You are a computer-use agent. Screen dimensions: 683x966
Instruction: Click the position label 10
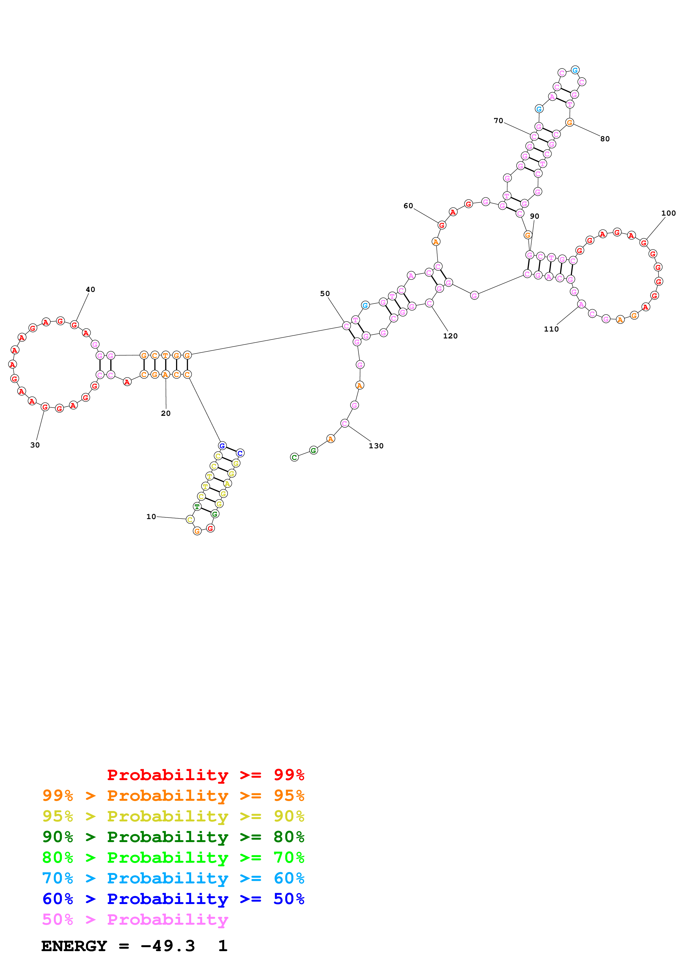tap(151, 517)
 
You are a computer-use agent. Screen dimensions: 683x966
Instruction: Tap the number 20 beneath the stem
tap(166, 414)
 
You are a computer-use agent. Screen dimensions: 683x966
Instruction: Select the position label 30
tap(35, 445)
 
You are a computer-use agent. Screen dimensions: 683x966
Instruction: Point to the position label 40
tap(90, 289)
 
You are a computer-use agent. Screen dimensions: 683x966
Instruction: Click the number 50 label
tap(325, 294)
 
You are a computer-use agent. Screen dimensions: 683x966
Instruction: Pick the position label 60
tap(408, 206)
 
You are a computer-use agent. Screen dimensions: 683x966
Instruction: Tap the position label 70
tap(498, 121)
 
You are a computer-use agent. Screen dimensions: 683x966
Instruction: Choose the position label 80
tap(605, 139)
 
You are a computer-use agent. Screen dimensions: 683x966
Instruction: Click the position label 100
tap(668, 213)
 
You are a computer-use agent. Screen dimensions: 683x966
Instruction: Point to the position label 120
tap(450, 336)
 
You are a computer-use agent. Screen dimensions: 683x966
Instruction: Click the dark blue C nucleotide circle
tap(240, 453)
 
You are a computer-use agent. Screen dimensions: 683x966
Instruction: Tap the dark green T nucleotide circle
tap(197, 507)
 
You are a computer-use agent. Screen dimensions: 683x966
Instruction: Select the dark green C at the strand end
tap(295, 457)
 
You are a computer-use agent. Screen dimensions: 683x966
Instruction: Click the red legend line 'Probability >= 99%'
tap(205, 775)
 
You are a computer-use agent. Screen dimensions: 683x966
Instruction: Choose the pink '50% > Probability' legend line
tap(135, 920)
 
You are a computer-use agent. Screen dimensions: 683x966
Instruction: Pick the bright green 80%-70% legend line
tap(173, 858)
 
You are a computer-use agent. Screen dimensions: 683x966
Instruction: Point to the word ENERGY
tap(74, 946)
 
